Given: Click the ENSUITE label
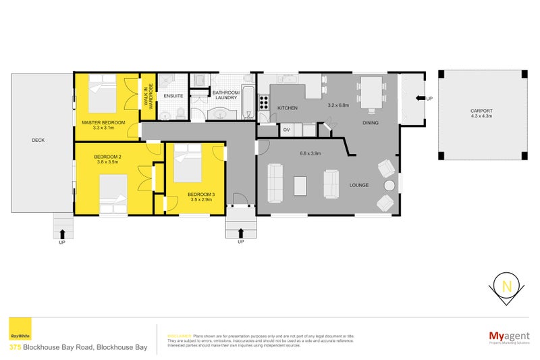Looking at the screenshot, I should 173,97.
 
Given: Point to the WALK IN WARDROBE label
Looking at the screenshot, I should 146,95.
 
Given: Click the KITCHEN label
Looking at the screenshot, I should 287,108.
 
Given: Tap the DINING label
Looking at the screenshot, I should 370,123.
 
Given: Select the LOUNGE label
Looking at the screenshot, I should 358,184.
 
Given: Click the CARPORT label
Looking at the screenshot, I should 481,111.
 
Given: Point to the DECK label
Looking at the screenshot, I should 38,140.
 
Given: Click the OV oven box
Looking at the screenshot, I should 286,129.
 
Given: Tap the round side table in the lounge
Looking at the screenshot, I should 389,186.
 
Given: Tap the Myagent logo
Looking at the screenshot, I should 508,336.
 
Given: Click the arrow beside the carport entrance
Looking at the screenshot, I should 421,99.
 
